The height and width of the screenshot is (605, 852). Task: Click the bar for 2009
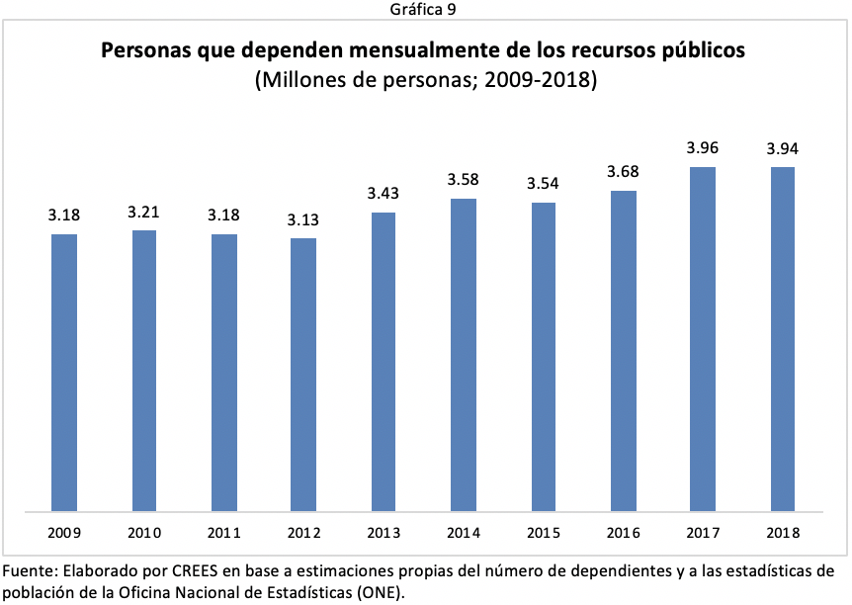(x=64, y=373)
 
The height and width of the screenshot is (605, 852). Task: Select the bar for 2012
(x=303, y=375)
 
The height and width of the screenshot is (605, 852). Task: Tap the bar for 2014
(x=464, y=355)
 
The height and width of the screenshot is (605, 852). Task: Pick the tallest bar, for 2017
(x=703, y=339)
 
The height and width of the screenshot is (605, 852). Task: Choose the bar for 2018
(x=782, y=339)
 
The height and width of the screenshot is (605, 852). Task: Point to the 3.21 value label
(x=143, y=212)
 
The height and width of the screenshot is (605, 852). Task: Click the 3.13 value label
(x=303, y=219)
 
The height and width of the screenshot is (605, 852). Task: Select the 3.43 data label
(x=383, y=194)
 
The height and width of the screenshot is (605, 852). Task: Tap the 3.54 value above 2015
(x=543, y=184)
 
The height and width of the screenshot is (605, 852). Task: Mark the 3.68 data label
(x=623, y=172)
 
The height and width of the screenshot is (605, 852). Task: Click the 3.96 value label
(x=703, y=148)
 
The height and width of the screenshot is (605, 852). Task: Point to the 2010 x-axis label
(x=143, y=533)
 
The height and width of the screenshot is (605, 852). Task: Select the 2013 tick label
(x=383, y=533)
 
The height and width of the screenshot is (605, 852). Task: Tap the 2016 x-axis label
(x=623, y=533)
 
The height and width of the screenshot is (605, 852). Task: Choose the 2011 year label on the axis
(x=223, y=533)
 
